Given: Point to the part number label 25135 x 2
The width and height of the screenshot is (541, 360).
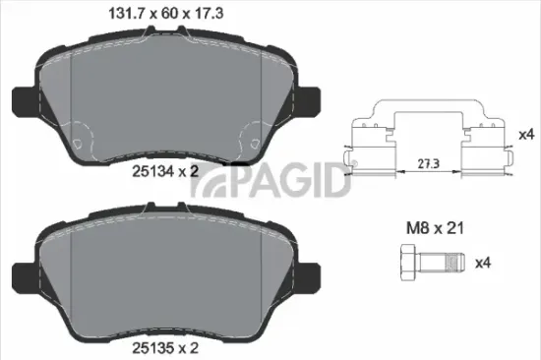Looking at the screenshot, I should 162,347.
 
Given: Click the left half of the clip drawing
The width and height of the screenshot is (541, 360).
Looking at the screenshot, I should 373,143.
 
